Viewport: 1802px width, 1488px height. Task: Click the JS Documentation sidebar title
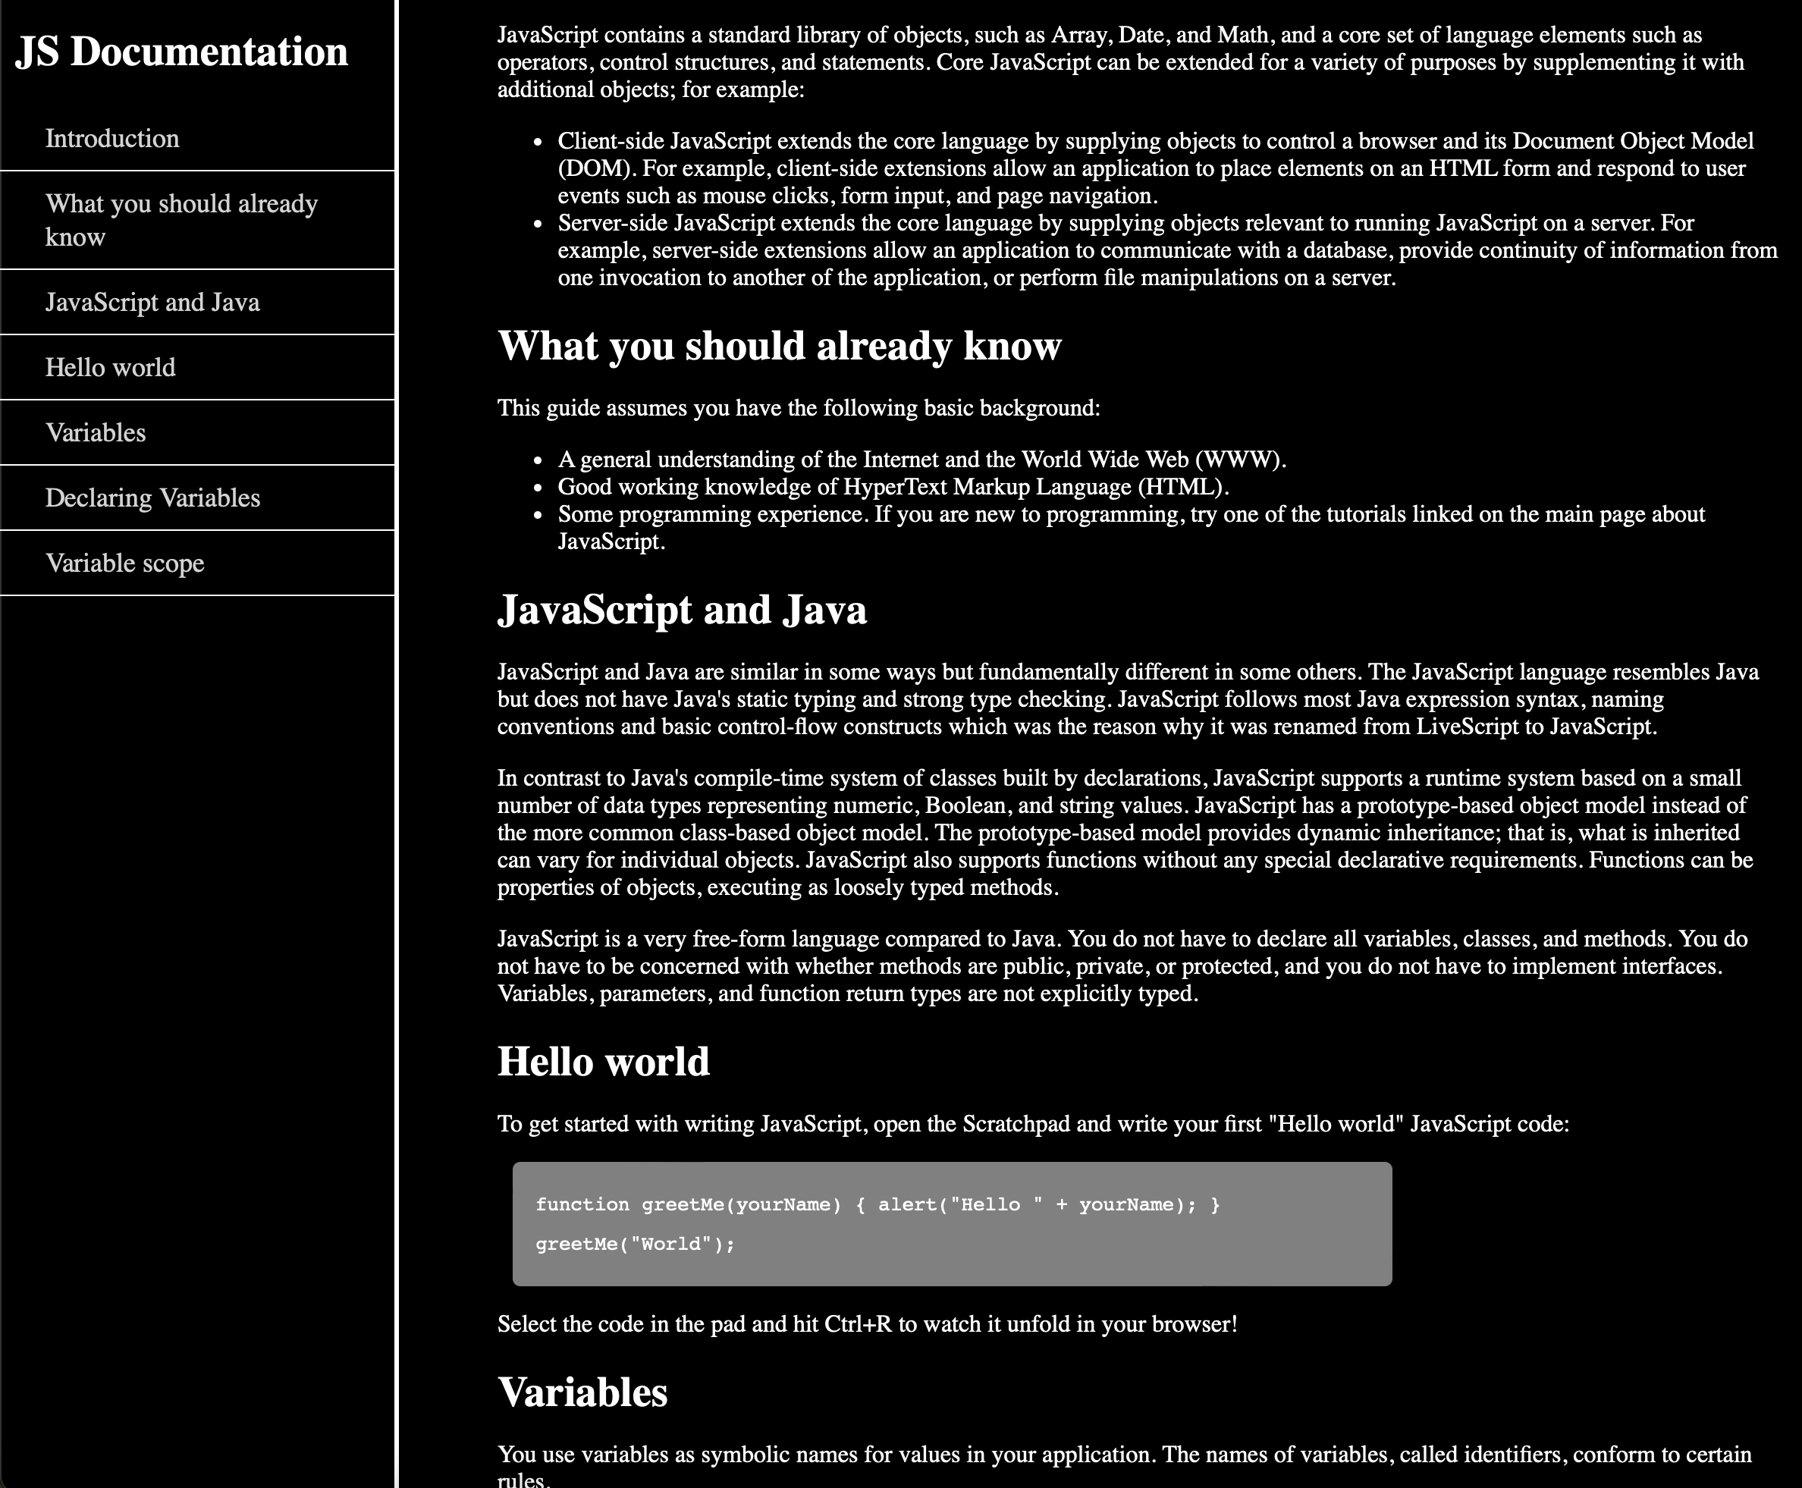(182, 52)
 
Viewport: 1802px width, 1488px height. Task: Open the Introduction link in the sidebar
(112, 139)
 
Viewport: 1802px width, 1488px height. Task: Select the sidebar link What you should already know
(181, 219)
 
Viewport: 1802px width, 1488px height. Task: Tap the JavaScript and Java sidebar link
(152, 303)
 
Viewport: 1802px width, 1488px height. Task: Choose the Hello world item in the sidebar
(111, 368)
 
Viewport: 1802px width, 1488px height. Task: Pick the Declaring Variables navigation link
(152, 498)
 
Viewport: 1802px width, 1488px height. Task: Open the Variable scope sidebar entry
(125, 563)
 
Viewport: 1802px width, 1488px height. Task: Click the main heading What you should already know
(779, 347)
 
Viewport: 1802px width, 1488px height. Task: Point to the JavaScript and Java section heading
(682, 611)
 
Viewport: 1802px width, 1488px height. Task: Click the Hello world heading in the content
(604, 1062)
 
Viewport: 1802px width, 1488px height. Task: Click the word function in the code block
(582, 1204)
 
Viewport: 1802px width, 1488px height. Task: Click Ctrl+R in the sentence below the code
(857, 1324)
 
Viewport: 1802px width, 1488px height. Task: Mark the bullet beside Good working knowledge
(538, 488)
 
